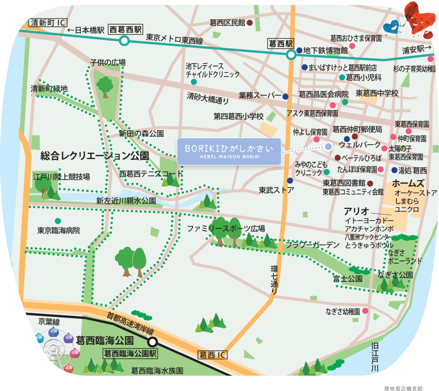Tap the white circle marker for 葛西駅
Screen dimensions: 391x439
pyautogui.click(x=291, y=54)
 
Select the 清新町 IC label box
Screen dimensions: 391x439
pyautogui.click(x=48, y=23)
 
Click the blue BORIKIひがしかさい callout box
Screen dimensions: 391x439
pyautogui.click(x=229, y=152)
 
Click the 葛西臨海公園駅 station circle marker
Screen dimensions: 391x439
pyautogui.click(x=153, y=341)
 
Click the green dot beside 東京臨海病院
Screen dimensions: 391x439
pyautogui.click(x=58, y=221)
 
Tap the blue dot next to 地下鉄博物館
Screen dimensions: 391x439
pyautogui.click(x=299, y=50)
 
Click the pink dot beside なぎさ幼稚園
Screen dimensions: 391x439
pyautogui.click(x=365, y=311)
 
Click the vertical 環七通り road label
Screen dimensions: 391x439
pyautogui.click(x=275, y=280)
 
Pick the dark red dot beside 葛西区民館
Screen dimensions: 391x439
pyautogui.click(x=250, y=23)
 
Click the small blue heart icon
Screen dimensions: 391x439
pyautogui.click(x=392, y=26)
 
